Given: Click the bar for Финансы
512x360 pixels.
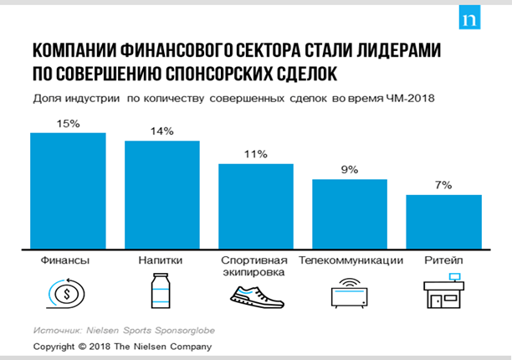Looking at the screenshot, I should pyautogui.click(x=68, y=190).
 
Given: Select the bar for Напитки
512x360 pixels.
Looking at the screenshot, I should pyautogui.click(x=162, y=194).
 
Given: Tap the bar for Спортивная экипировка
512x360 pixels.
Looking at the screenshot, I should pyautogui.click(x=256, y=205).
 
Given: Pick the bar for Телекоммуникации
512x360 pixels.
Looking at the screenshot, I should pyautogui.click(x=350, y=213).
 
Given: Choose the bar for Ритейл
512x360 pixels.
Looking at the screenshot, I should pyautogui.click(x=443, y=221).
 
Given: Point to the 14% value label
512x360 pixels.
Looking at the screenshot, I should pyautogui.click(x=162, y=131).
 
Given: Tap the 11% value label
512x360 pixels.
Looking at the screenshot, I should pyautogui.click(x=256, y=154).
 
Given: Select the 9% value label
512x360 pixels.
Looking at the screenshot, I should pyautogui.click(x=350, y=170).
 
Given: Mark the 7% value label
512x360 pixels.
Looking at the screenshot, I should pyautogui.click(x=443, y=185).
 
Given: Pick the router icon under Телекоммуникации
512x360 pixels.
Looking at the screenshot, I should pyautogui.click(x=349, y=294).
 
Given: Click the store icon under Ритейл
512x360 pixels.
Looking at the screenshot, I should pyautogui.click(x=443, y=292).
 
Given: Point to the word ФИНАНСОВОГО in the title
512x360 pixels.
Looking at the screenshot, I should pyautogui.click(x=182, y=49).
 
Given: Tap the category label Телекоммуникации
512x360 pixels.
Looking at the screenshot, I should pyautogui.click(x=351, y=261).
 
